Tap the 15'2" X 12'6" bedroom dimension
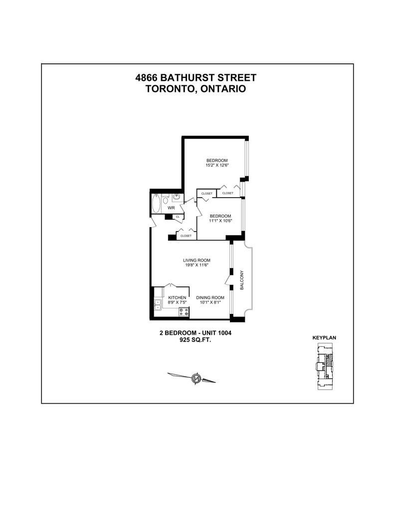coord(217,165)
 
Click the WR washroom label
coord(171,208)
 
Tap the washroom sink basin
coord(177,197)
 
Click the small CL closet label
coord(177,217)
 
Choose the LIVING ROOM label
coord(197,260)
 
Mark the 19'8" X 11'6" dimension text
coord(197,265)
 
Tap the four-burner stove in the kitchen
coord(184,313)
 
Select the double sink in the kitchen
coord(158,305)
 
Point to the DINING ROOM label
coord(210,298)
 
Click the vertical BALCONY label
coord(242,280)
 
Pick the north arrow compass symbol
coord(196,378)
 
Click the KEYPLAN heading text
coord(324,338)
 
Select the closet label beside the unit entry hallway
coord(186,236)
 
